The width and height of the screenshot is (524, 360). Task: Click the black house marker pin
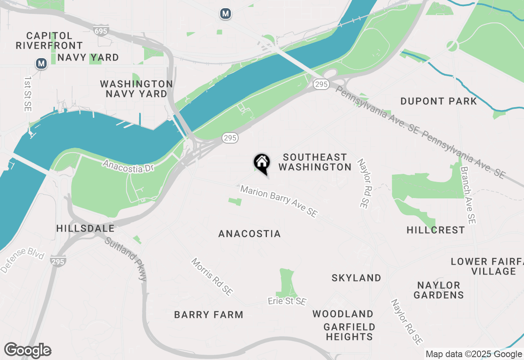[x=262, y=163]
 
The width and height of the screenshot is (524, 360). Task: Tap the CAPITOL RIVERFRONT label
[x=49, y=40]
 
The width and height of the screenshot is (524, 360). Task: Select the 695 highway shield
[x=101, y=31]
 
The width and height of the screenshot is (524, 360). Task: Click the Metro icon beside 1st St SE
[x=41, y=63]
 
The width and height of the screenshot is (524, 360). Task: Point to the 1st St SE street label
[x=28, y=94]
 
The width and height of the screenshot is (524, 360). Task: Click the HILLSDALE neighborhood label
[x=86, y=228]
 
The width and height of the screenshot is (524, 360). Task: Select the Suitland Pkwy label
[x=125, y=259]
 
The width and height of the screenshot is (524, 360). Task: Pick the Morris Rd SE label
[x=212, y=277]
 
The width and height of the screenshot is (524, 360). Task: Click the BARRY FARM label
[x=209, y=315]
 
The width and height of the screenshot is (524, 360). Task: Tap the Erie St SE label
[x=287, y=301]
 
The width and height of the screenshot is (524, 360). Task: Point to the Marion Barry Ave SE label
[x=279, y=201]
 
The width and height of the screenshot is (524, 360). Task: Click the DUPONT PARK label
[x=438, y=101]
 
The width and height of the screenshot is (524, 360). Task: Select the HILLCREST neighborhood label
[x=436, y=230]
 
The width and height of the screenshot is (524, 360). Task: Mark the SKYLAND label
[x=356, y=278]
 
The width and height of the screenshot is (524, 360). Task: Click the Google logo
[x=27, y=350]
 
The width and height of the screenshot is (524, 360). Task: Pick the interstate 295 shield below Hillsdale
[x=58, y=261]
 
